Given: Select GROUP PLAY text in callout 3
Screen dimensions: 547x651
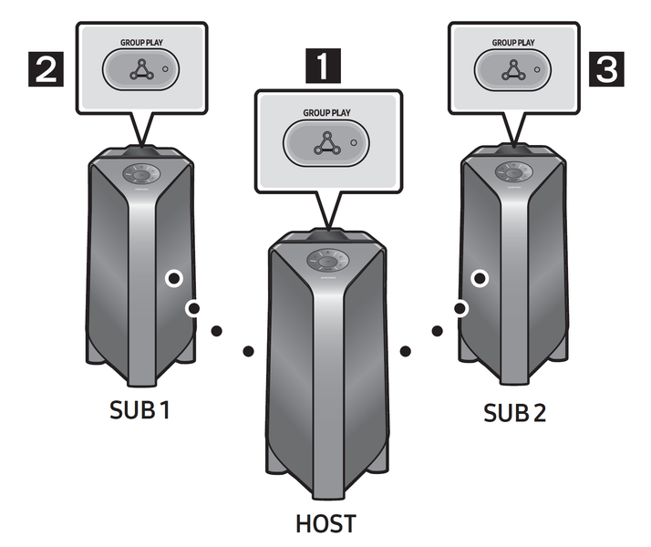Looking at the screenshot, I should tap(513, 42).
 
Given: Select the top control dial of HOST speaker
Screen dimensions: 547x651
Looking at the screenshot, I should tap(325, 259).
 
